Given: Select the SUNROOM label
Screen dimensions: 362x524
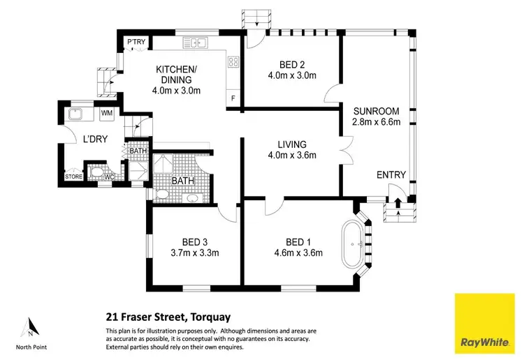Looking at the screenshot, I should tap(375, 111).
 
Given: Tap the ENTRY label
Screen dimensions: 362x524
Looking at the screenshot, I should tap(391, 174).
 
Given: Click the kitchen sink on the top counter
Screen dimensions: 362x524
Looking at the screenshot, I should tap(198, 44).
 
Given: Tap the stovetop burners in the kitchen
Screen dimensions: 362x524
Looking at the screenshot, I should tap(233, 62).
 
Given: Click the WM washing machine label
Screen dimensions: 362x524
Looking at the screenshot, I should tap(107, 113).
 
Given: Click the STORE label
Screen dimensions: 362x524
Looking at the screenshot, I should tap(73, 176).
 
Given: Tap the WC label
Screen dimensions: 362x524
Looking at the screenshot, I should tap(109, 176).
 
